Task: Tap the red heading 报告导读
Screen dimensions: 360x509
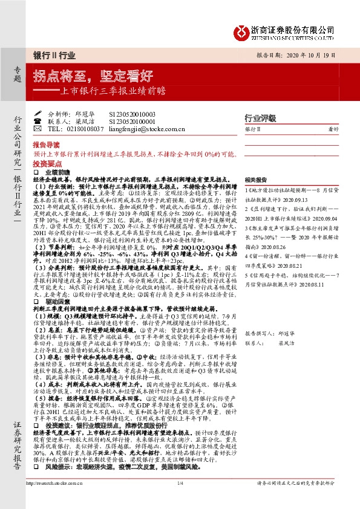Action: [x=47, y=146]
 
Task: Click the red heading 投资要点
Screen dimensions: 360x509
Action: [x=47, y=164]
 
